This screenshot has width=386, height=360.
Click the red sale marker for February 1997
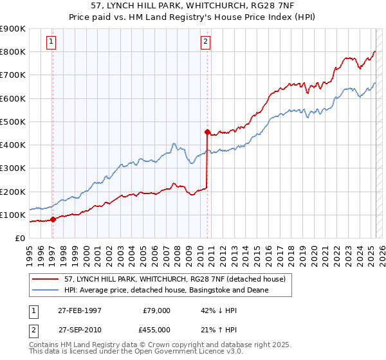53,219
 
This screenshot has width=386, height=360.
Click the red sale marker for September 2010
207,132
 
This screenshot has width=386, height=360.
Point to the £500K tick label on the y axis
13,122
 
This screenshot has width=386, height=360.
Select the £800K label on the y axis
13,51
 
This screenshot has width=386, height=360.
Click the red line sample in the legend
46,278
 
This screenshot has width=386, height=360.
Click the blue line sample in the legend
46,290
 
